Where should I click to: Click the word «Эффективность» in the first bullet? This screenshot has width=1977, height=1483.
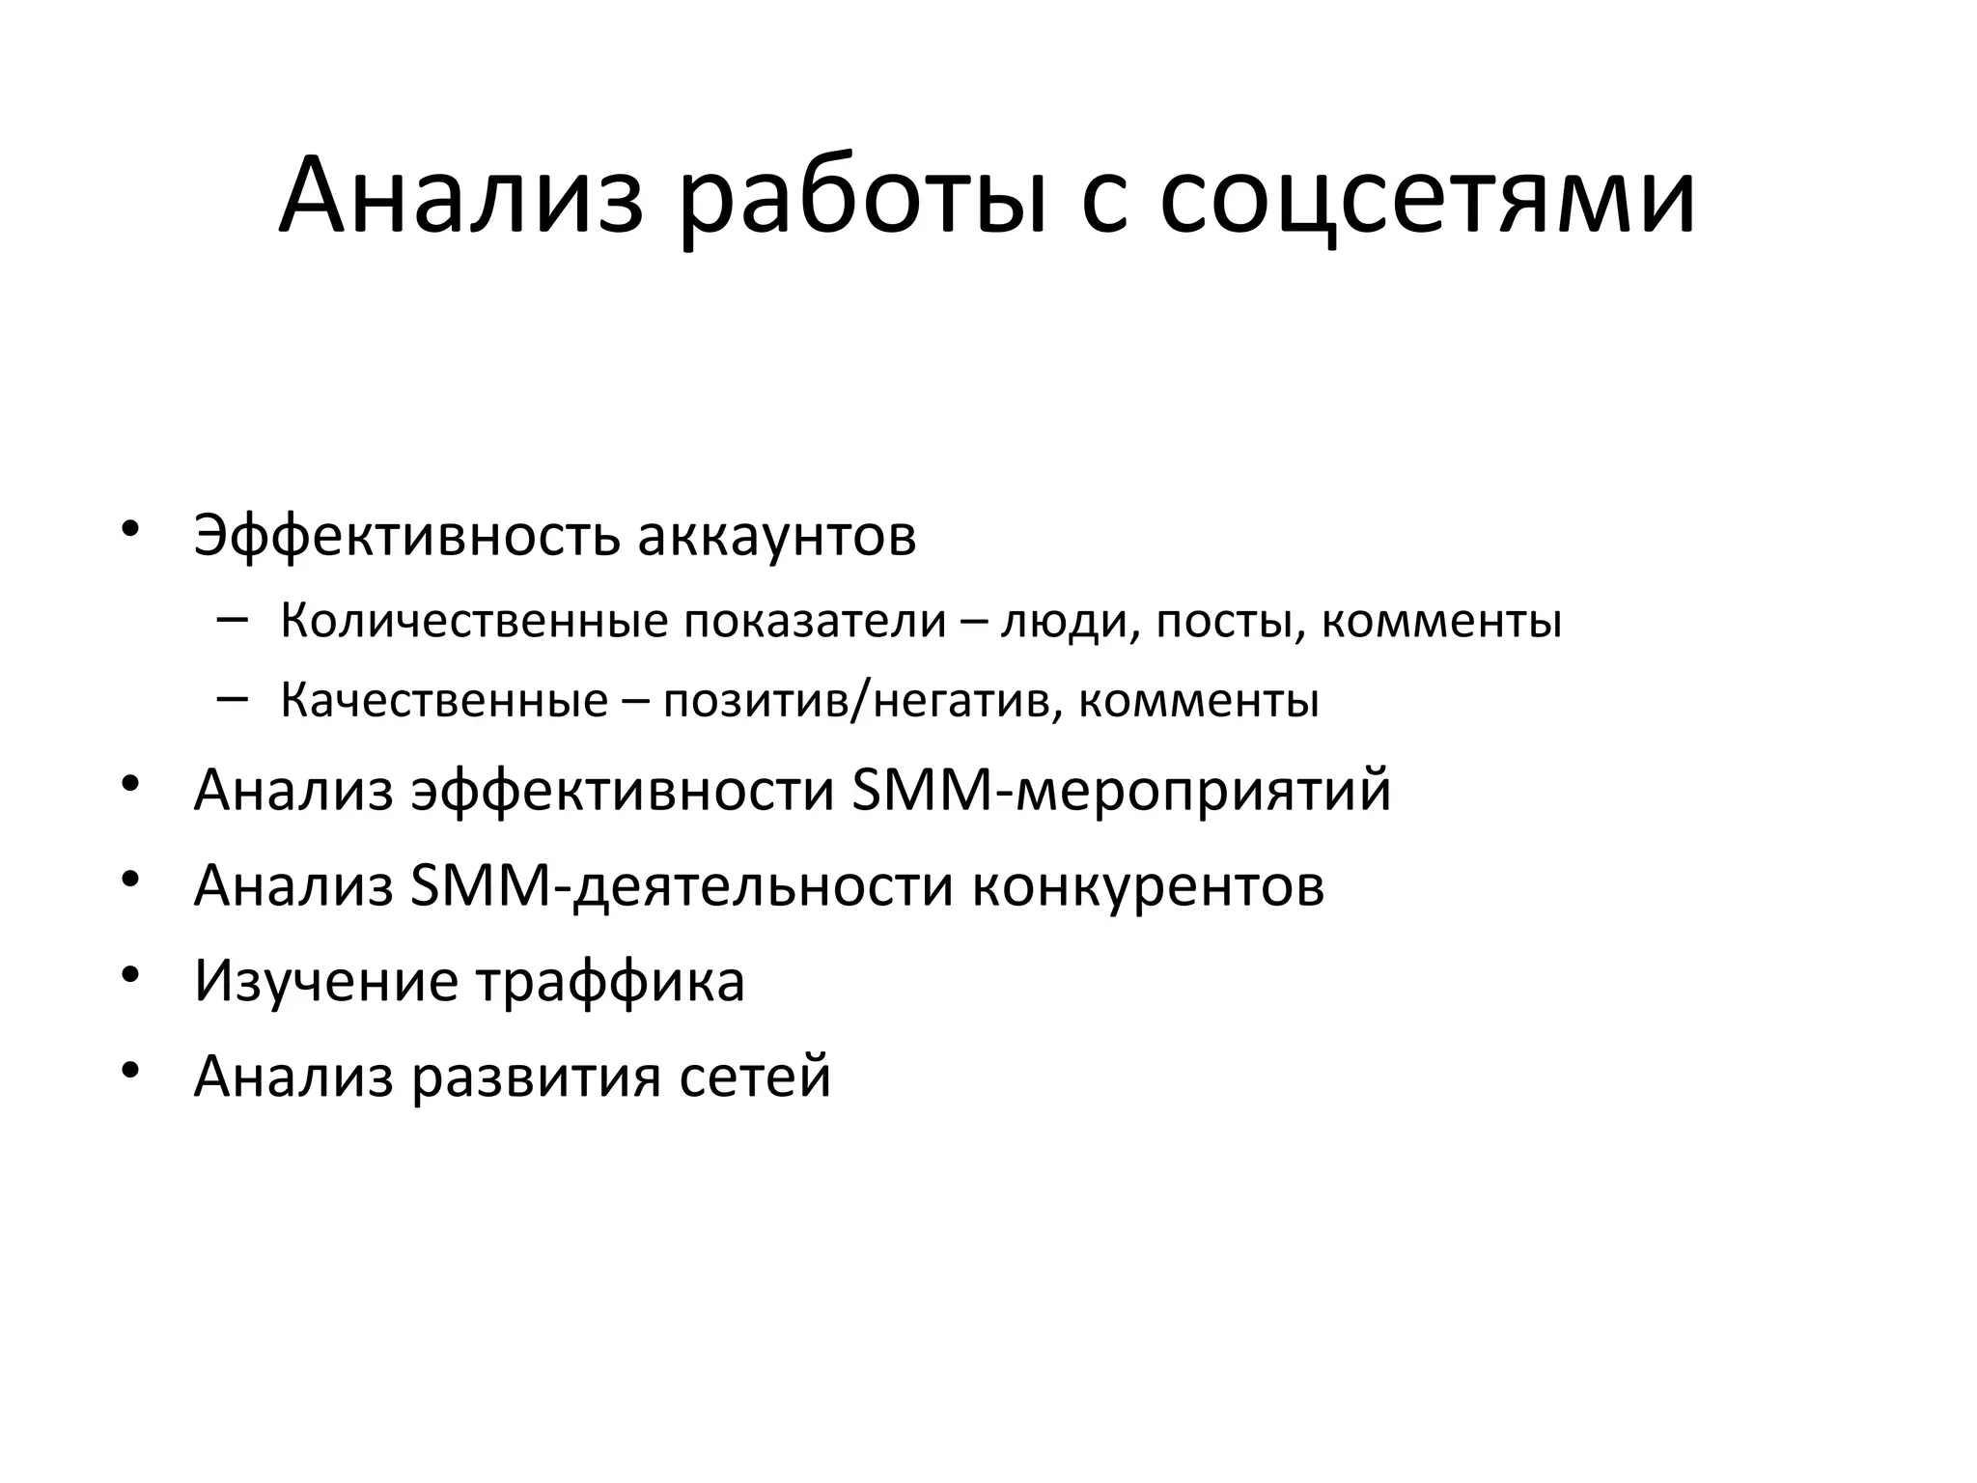[405, 536]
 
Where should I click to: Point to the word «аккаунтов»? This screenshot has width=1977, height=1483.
[777, 536]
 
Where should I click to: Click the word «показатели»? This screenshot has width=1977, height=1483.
[816, 621]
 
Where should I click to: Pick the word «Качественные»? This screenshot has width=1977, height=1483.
[444, 700]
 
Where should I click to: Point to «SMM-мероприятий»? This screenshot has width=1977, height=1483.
[1122, 791]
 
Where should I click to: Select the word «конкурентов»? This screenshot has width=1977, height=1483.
[1148, 887]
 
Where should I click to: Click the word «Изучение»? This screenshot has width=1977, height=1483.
[326, 981]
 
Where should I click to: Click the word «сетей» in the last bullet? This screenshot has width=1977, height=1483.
[755, 1076]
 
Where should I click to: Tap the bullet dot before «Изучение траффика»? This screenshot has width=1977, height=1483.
[131, 973]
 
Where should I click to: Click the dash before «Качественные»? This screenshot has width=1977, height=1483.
[233, 697]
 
